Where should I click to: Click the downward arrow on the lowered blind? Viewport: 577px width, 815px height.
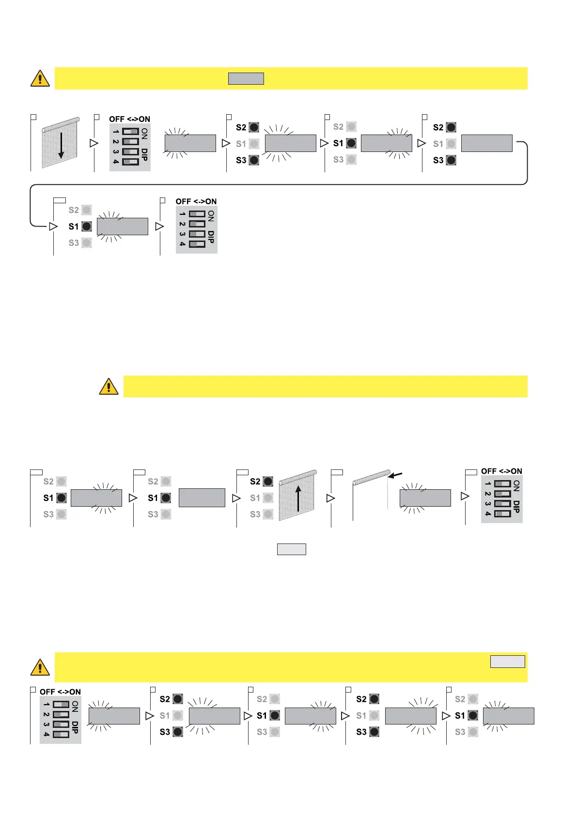tap(61, 146)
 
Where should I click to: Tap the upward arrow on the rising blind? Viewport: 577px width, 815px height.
tap(298, 498)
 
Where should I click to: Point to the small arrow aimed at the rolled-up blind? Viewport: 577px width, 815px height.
tap(395, 476)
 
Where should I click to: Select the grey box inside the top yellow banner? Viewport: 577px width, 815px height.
tap(246, 78)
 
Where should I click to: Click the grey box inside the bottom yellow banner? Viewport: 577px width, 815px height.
tap(507, 661)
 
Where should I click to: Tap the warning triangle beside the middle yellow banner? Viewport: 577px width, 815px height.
tap(109, 387)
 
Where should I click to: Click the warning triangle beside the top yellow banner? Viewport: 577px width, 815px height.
tap(40, 78)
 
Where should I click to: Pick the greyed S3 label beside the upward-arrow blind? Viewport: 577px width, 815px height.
tap(255, 514)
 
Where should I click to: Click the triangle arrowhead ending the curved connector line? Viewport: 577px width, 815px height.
tap(53, 226)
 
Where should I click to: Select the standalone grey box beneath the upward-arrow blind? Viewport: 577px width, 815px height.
tap(291, 549)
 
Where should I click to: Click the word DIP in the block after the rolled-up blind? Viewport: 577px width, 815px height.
tap(516, 507)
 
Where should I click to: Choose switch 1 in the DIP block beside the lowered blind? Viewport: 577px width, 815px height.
tap(130, 132)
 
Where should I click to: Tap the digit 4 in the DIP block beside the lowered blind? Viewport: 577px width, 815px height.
tap(116, 162)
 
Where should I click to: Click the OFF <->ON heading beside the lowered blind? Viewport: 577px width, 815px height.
tap(129, 119)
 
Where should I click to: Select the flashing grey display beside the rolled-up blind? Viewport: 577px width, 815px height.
tap(425, 498)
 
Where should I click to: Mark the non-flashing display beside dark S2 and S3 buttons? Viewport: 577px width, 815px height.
tap(486, 143)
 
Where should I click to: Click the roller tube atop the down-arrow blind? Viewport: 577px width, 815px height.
tap(61, 124)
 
